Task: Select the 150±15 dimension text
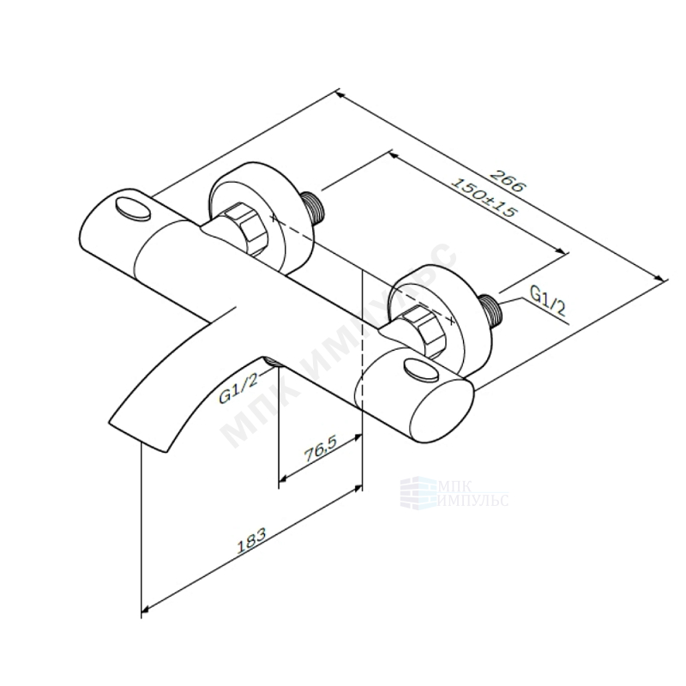[x=484, y=198]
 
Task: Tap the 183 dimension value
[x=251, y=541]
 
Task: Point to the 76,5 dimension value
[x=320, y=450]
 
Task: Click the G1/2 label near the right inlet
[x=548, y=301]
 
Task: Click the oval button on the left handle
[x=133, y=208]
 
